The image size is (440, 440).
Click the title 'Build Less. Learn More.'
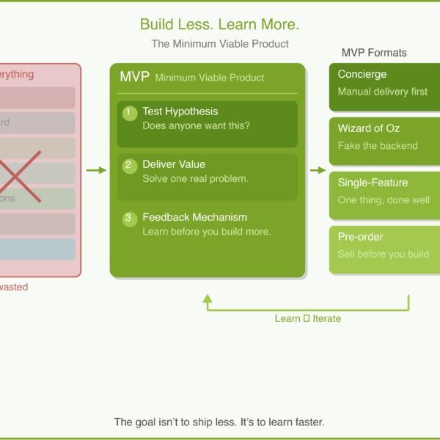(x=219, y=24)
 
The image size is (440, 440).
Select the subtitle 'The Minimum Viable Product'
(x=219, y=44)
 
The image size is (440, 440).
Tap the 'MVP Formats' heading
(x=374, y=53)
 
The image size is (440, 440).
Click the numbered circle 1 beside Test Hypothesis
(x=130, y=113)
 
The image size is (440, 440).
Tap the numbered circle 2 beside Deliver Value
(x=130, y=166)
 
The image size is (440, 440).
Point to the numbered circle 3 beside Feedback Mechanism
(x=130, y=219)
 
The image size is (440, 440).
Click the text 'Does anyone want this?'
(x=196, y=125)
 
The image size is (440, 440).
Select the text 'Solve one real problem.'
(x=195, y=178)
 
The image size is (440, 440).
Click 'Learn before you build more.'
(x=206, y=231)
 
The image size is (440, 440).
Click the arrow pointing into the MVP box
(x=96, y=170)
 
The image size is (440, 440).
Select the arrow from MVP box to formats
(x=318, y=170)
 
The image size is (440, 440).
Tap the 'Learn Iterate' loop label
(x=307, y=318)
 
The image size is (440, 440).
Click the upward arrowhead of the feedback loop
(x=208, y=299)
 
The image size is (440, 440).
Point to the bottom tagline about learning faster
(x=219, y=422)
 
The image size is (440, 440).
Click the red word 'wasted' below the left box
(x=13, y=287)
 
